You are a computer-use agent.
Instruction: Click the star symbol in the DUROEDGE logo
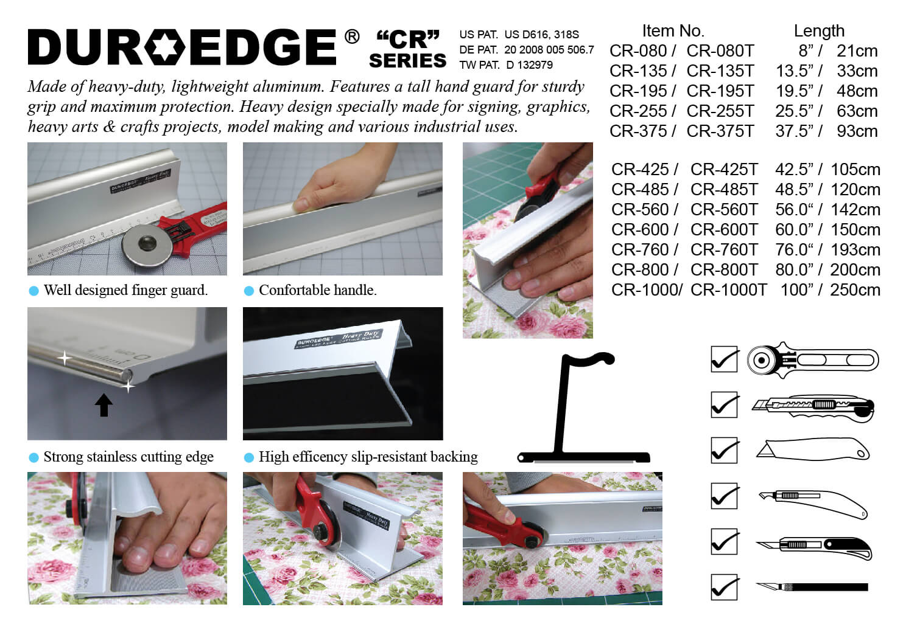pyautogui.click(x=164, y=47)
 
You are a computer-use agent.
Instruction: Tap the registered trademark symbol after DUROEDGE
pyautogui.click(x=352, y=36)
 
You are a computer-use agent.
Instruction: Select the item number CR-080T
pyautogui.click(x=720, y=51)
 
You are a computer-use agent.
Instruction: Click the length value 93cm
pyautogui.click(x=857, y=131)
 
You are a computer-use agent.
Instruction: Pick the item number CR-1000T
pyautogui.click(x=728, y=290)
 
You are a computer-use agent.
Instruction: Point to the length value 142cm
pyautogui.click(x=855, y=210)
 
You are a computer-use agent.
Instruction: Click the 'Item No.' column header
pyautogui.click(x=673, y=31)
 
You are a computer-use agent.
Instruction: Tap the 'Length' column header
pyautogui.click(x=819, y=31)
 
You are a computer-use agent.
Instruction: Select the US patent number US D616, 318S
pyautogui.click(x=541, y=35)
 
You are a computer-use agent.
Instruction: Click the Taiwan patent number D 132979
pyautogui.click(x=529, y=65)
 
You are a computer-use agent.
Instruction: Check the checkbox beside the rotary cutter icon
pyautogui.click(x=724, y=359)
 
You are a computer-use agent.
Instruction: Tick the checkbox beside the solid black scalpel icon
pyautogui.click(x=724, y=587)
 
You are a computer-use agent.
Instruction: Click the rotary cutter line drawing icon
pyautogui.click(x=813, y=360)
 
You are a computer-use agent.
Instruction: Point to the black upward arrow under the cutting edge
pyautogui.click(x=104, y=405)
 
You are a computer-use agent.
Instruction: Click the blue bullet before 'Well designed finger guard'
pyautogui.click(x=34, y=291)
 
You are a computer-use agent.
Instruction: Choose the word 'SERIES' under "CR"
pyautogui.click(x=408, y=61)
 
